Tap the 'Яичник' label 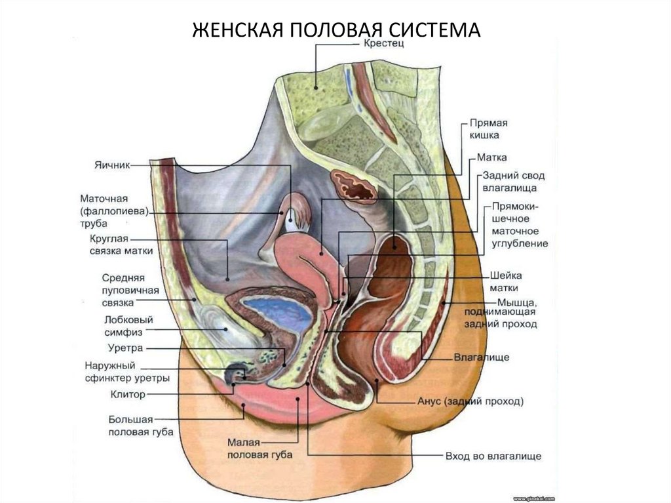coord(113,167)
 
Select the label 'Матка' coord(492,157)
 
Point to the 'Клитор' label coord(128,395)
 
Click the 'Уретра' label coord(125,348)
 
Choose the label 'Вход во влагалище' coord(493,456)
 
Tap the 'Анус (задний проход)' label coord(470,401)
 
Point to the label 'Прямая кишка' coord(489,129)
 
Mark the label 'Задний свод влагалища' coord(514,182)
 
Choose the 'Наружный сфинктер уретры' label coord(128,371)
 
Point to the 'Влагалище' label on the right coord(482,357)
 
